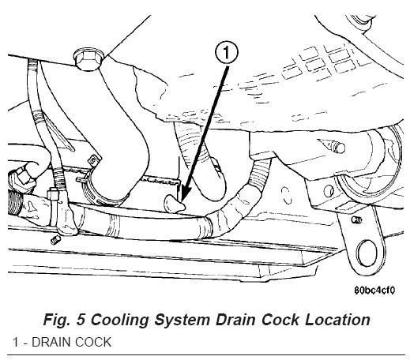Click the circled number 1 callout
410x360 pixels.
227,53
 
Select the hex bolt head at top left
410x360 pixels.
88,59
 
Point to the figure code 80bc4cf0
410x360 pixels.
374,291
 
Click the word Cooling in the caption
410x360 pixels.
119,320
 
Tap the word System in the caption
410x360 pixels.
182,321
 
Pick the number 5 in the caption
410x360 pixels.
81,320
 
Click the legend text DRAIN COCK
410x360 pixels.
72,342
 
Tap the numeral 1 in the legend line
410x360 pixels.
16,342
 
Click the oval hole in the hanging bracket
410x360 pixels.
367,253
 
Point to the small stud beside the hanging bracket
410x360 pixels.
356,219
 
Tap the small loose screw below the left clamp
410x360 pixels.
55,240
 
